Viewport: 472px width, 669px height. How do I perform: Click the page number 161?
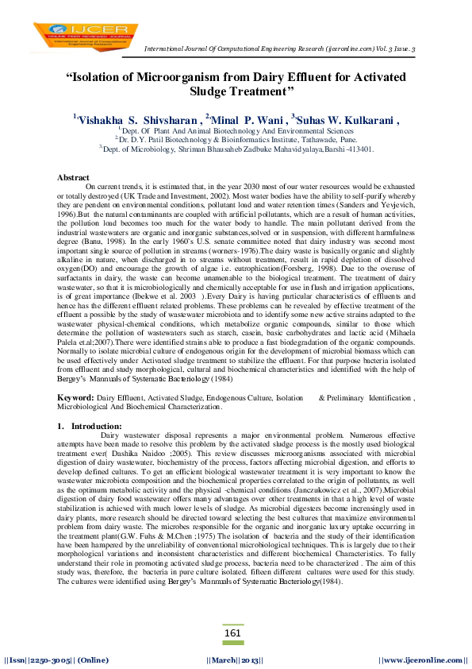point(233,632)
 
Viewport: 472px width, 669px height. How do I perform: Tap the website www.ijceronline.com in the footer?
point(422,659)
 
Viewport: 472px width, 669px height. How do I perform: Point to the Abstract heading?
point(74,176)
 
